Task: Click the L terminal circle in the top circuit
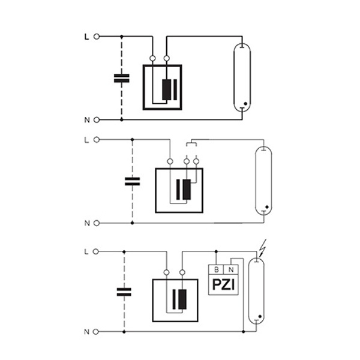97,37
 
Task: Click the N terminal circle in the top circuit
97,120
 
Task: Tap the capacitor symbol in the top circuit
122,78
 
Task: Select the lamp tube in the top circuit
242,77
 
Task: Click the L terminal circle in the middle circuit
97,140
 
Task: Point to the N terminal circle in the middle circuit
97,223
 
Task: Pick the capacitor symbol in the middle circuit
132,181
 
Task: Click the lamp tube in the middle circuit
263,181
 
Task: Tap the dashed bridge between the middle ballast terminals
191,143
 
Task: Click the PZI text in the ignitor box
224,284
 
